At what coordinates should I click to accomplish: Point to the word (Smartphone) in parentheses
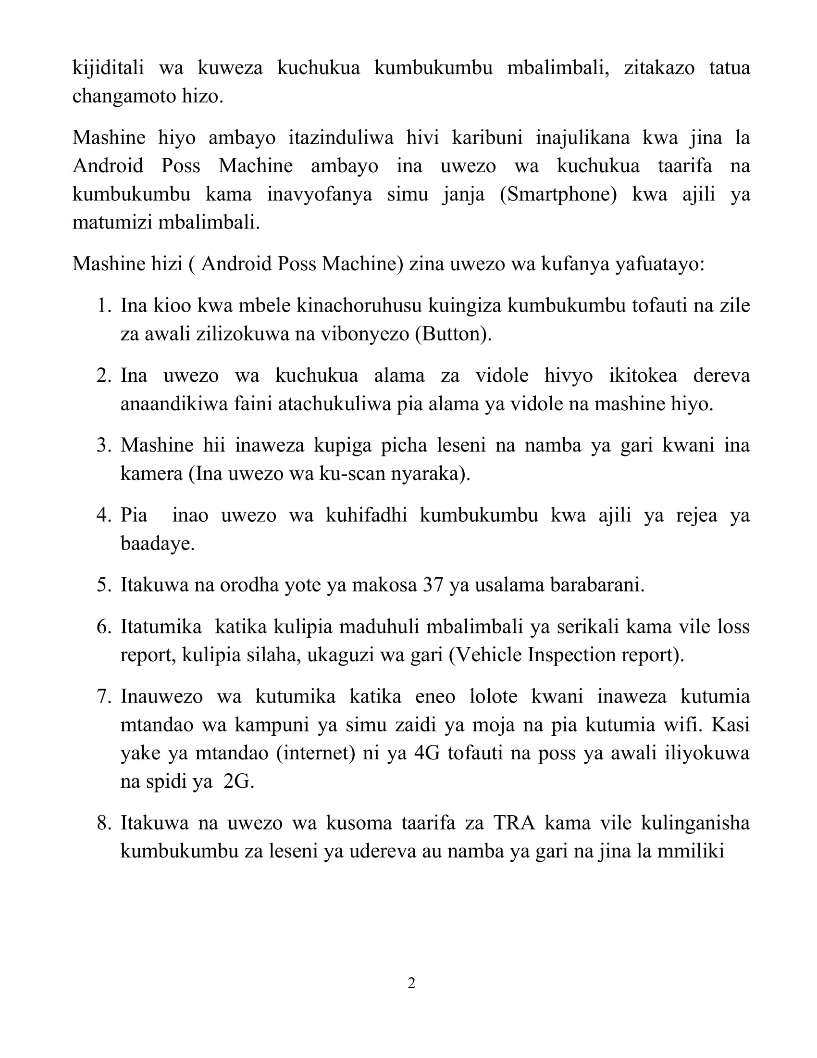coord(558,195)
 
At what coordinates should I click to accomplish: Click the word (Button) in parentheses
coord(453,334)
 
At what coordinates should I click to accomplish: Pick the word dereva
coord(721,376)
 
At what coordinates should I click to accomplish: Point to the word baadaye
coord(157,543)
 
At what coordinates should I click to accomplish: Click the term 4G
coord(427,753)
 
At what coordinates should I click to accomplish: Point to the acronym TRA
coord(514,822)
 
